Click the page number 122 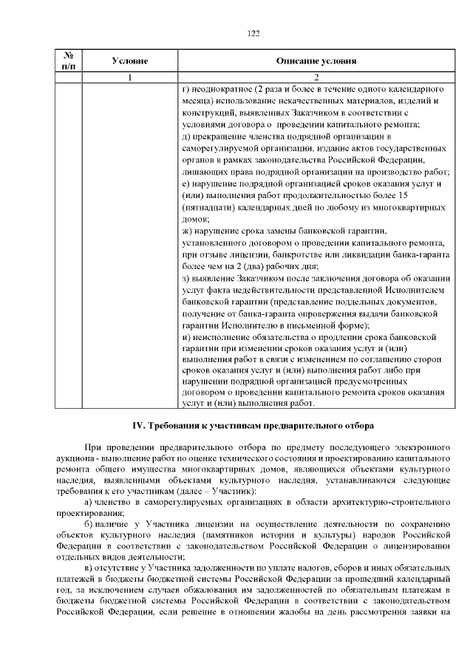click(253, 33)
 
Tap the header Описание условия click(316, 61)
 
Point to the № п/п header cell click(68, 61)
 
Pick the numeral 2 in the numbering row click(316, 78)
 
